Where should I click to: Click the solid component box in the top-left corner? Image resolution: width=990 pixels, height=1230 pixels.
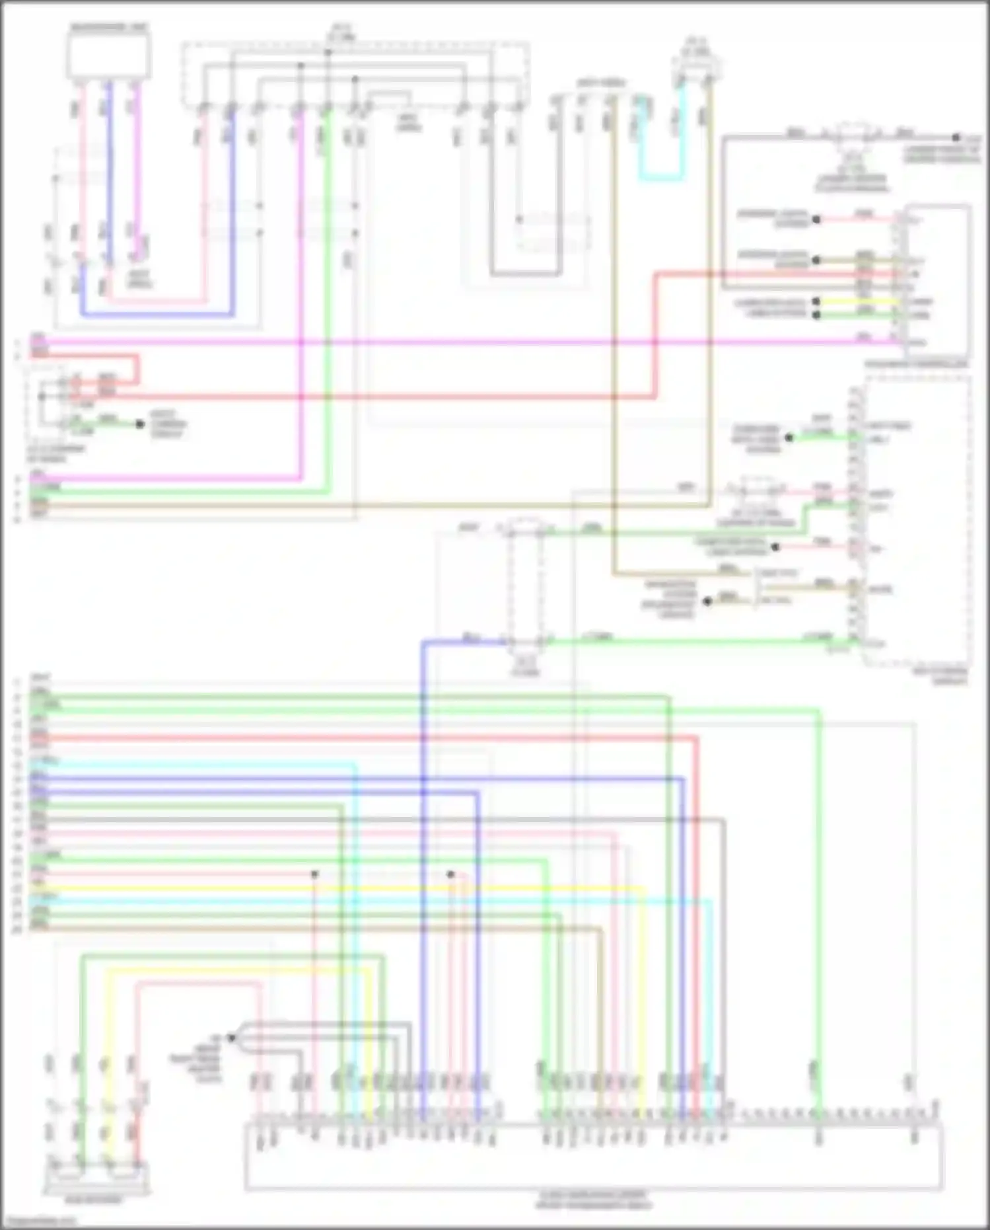[x=109, y=56]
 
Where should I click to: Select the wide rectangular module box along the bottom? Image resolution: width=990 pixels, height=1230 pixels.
[x=593, y=1157]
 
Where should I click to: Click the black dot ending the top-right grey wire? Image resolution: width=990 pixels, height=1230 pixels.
[x=956, y=137]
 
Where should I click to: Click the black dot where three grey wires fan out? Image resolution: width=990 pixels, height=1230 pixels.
[x=231, y=1038]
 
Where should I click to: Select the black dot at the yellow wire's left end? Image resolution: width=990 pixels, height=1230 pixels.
[x=816, y=301]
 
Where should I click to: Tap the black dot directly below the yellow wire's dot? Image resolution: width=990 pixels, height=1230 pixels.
[x=816, y=315]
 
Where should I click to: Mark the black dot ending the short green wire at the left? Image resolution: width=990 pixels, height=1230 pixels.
[x=140, y=424]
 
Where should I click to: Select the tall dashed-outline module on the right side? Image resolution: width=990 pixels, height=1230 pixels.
[x=917, y=522]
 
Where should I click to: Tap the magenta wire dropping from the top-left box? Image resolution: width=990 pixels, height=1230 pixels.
[x=139, y=172]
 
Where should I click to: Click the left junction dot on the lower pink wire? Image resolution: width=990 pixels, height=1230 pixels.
[x=315, y=874]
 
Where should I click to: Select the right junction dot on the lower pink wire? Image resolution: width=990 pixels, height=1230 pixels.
[x=450, y=874]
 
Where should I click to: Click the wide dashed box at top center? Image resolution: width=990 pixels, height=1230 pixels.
[x=355, y=74]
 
